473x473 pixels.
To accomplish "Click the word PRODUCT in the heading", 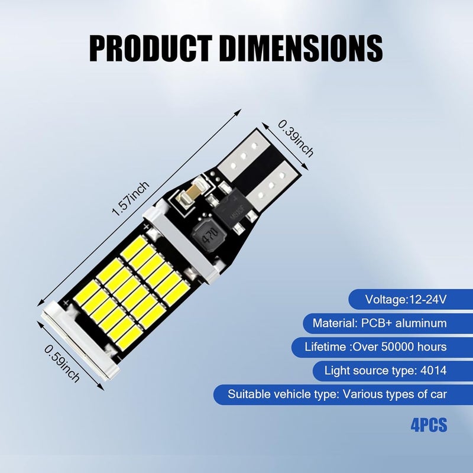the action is tap(151, 48).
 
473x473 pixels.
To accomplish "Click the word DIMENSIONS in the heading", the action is tap(302, 48).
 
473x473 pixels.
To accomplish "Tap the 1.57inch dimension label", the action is tap(130, 198).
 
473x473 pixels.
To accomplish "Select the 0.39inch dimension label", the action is tap(296, 138).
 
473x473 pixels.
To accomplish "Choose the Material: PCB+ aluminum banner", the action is tap(388, 323).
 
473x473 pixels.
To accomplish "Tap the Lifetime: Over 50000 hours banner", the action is tap(382, 347).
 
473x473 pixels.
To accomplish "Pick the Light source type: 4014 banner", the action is tap(393, 371).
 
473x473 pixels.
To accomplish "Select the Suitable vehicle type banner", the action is tap(343, 394).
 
